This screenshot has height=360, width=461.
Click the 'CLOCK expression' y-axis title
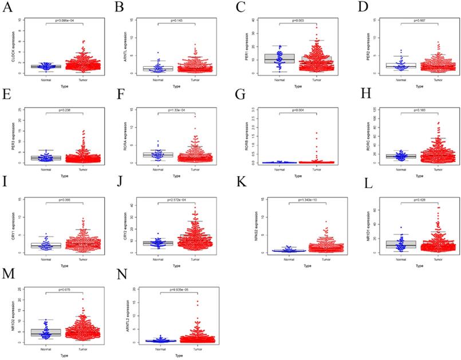pos(12,45)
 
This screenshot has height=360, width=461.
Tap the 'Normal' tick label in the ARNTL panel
pos(158,80)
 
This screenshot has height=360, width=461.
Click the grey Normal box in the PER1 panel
pos(271,58)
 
